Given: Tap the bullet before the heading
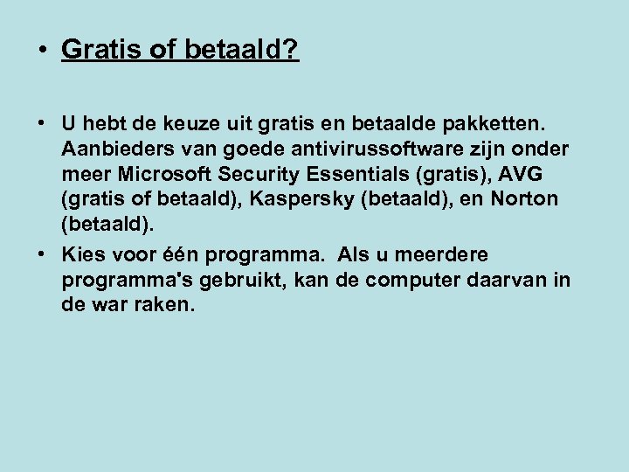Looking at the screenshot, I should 43,50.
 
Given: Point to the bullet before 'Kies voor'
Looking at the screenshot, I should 43,254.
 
